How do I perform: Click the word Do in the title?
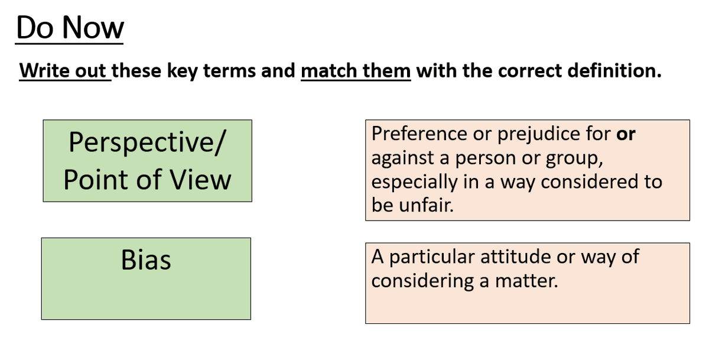tap(35, 28)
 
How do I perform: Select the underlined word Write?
tap(45, 71)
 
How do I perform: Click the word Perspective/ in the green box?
tap(147, 142)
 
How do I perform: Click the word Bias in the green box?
tap(146, 260)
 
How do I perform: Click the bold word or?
tap(626, 135)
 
